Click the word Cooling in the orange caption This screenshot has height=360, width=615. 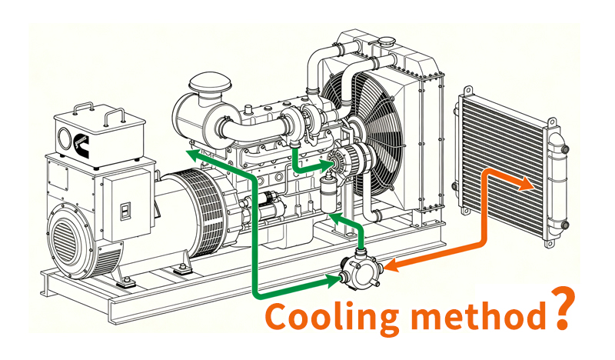click(323, 316)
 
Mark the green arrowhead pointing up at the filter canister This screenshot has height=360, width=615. click(333, 219)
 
